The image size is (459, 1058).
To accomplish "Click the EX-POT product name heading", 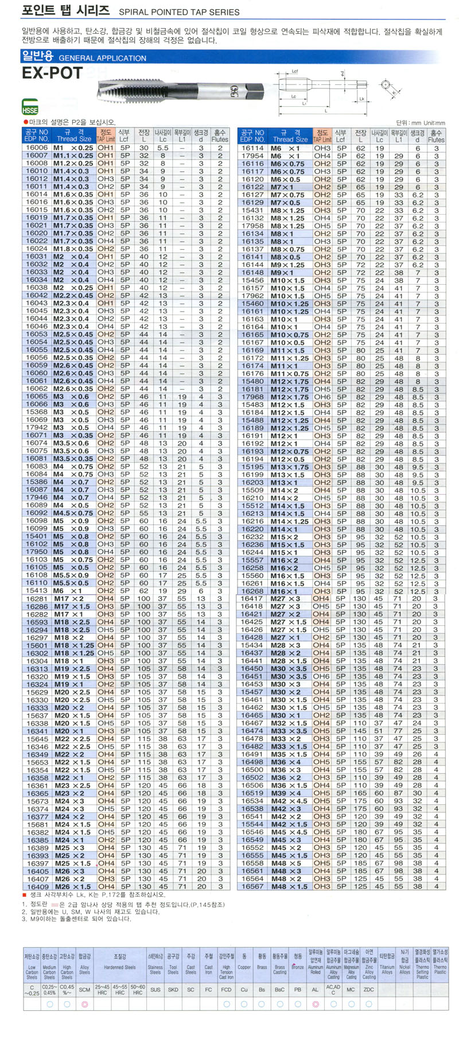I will (x=52, y=73).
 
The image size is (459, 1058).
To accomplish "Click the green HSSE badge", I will (x=30, y=110).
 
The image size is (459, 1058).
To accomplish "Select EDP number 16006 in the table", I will (x=37, y=148).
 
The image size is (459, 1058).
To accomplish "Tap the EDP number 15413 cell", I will (x=37, y=591).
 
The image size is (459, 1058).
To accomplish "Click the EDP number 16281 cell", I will (x=37, y=599).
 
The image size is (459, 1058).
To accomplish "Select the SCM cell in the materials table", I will (x=84, y=990).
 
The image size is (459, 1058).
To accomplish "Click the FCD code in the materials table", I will (x=226, y=990).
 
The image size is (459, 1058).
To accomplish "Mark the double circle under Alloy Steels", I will (x=84, y=1004).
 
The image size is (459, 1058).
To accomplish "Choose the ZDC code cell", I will (x=369, y=990).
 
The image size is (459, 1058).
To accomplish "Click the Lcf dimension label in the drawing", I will (x=295, y=72).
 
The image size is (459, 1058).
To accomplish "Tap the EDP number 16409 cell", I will (x=37, y=886).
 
